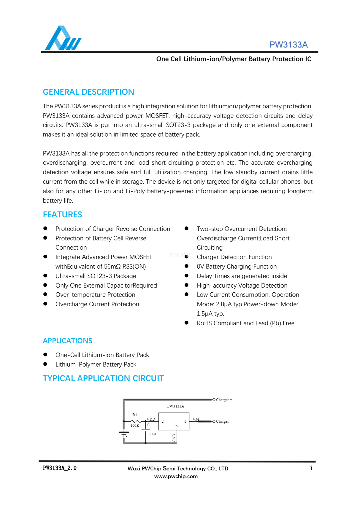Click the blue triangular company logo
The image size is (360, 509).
[x=63, y=38]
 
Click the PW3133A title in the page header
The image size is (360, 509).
[x=288, y=45]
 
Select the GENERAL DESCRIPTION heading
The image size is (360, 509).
[x=88, y=92]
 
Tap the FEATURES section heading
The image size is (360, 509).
[x=62, y=215]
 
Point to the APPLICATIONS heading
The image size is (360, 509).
[x=67, y=341]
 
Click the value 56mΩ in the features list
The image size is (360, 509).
[x=112, y=267]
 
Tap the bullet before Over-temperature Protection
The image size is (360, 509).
[x=45, y=294]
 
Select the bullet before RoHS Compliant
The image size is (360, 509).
[x=187, y=323]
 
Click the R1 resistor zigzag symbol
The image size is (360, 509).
[x=136, y=421]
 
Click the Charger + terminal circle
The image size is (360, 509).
[x=214, y=400]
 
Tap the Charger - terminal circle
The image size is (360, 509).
[x=214, y=421]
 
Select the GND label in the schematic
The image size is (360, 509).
[x=174, y=438]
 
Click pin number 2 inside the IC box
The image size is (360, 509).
[x=163, y=421]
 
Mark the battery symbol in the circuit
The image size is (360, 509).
[x=124, y=433]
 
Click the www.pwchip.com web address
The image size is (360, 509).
[x=176, y=476]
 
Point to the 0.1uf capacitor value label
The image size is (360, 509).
[x=153, y=434]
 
